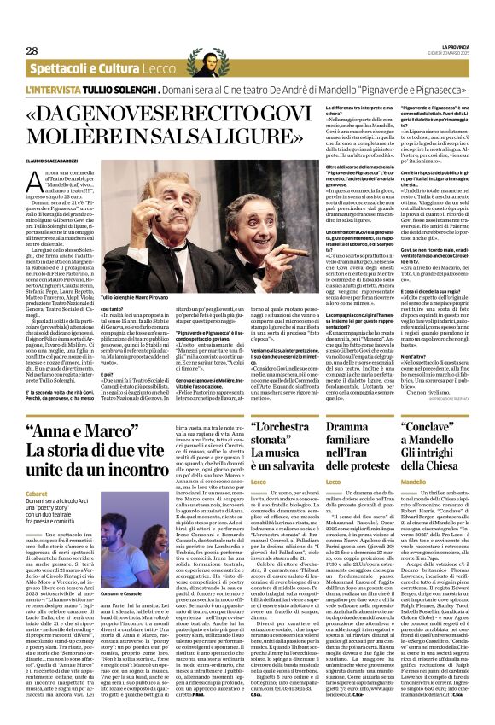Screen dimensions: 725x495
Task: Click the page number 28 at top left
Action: coord(32,50)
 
